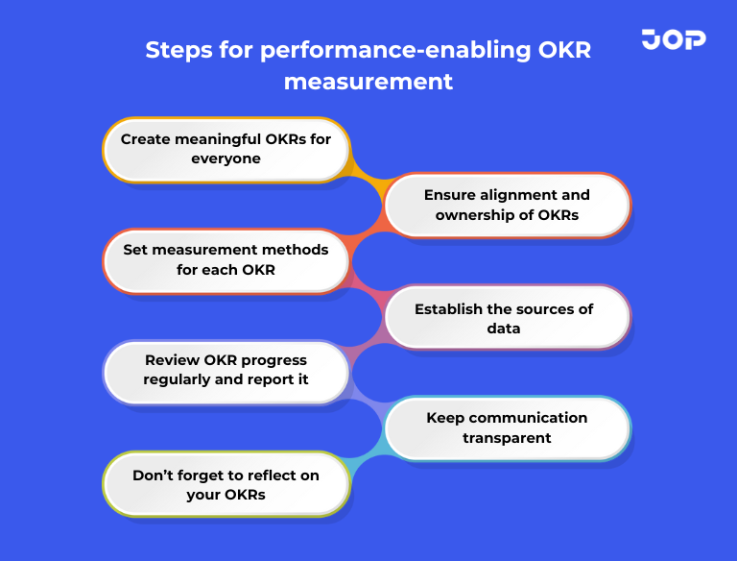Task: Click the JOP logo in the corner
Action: coord(673,39)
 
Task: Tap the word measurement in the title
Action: coord(368,81)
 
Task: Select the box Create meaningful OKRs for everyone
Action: coord(226,149)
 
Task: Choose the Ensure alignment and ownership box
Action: coord(507,205)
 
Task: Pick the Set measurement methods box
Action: coord(226,259)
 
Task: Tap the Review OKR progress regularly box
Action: coord(226,370)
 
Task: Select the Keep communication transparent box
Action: coord(507,427)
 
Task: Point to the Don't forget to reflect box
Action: coord(226,485)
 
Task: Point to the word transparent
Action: coord(507,438)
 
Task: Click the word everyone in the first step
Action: coord(226,159)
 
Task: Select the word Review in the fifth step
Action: coord(171,360)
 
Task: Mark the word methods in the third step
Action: coord(294,250)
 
